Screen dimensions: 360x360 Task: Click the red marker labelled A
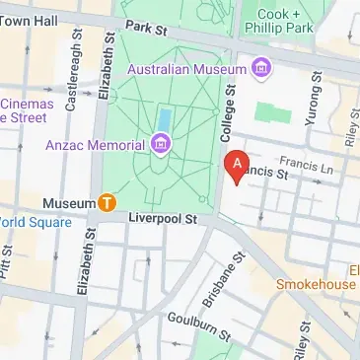[x=236, y=166]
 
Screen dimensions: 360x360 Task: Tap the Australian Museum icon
[x=261, y=68]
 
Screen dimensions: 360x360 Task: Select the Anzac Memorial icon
[x=160, y=146]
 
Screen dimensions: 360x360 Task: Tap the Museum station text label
[x=67, y=203]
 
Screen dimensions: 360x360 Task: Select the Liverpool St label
[x=164, y=217]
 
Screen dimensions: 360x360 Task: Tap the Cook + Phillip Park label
[x=292, y=23]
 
